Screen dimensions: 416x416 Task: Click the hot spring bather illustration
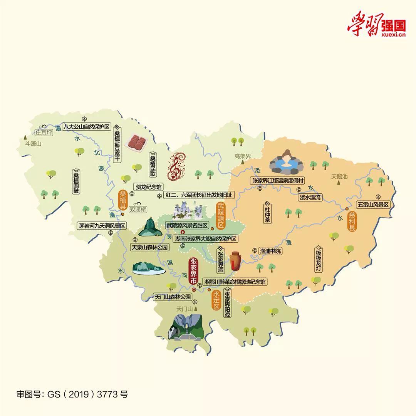pyautogui.click(x=286, y=162)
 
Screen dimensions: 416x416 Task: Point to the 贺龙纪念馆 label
pyautogui.click(x=149, y=187)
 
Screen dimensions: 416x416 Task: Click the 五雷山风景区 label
pyautogui.click(x=373, y=205)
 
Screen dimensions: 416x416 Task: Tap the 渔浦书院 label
pyautogui.click(x=270, y=251)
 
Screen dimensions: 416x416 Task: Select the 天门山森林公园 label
pyautogui.click(x=172, y=297)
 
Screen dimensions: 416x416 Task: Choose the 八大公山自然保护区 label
pyautogui.click(x=87, y=126)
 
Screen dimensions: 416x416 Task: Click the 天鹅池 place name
pyautogui.click(x=339, y=176)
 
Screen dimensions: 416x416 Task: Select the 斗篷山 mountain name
pyautogui.click(x=33, y=144)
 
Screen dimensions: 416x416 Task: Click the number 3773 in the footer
pyautogui.click(x=108, y=394)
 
